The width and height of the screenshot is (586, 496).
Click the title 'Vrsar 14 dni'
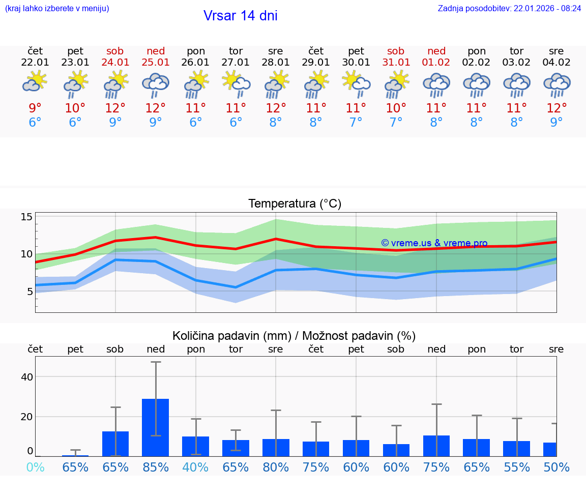[240, 16]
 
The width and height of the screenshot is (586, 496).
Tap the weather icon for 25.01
[156, 84]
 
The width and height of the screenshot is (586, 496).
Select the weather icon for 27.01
[236, 84]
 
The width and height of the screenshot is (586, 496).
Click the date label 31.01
[396, 63]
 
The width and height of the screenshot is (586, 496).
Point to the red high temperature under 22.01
[35, 108]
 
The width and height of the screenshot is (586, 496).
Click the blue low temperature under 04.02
[556, 123]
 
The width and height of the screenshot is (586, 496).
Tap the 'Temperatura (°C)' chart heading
[295, 204]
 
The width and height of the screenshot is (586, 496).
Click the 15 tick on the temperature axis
[26, 217]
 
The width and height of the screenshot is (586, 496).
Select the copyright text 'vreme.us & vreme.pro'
[434, 243]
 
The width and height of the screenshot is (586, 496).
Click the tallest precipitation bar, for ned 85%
[156, 427]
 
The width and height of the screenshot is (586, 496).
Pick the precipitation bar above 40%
[196, 446]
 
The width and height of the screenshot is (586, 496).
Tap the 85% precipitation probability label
[156, 467]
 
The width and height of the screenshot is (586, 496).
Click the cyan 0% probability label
[35, 467]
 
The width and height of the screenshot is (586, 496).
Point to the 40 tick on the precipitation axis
[26, 377]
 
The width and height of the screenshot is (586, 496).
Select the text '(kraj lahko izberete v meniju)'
[57, 9]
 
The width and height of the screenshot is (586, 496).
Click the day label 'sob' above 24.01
[115, 51]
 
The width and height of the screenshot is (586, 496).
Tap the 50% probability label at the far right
[556, 467]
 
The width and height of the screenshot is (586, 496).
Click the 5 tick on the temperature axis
[30, 291]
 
